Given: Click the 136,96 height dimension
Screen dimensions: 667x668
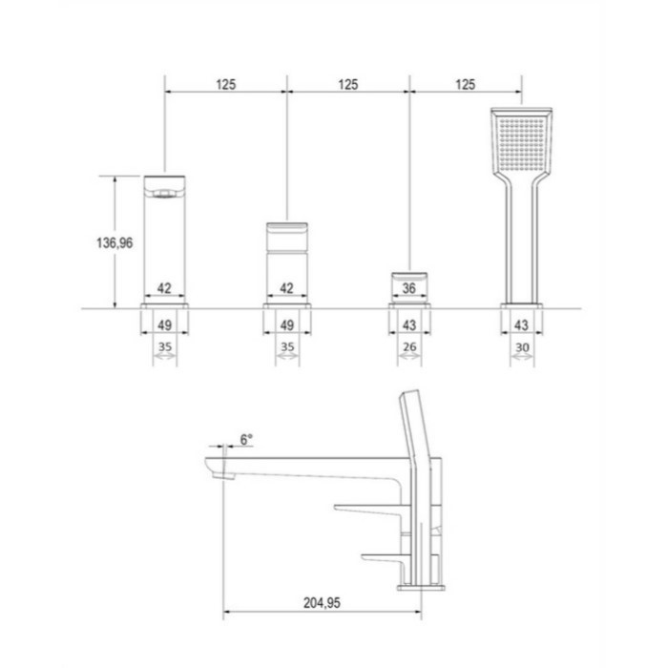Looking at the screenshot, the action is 115,242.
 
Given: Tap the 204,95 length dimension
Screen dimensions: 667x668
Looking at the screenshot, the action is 322,603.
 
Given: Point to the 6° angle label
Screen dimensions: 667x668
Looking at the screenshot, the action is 246,439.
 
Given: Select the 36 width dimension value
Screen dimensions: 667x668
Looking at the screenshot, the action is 409,288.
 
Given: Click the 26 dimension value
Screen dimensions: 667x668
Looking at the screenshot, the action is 409,346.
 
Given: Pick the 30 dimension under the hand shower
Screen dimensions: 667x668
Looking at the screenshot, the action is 522,347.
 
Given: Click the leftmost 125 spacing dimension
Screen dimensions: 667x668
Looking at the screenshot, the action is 225,84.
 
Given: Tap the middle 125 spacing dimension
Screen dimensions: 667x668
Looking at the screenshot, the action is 348,84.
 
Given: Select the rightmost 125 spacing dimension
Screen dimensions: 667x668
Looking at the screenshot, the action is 465,84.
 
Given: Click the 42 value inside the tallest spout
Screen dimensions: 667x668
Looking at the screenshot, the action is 164,288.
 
